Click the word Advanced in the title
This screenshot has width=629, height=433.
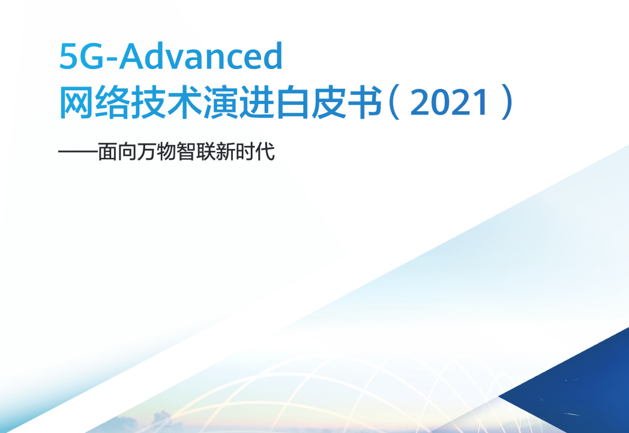201,56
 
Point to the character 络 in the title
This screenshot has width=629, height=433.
113,103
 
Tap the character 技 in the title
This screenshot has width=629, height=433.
148,103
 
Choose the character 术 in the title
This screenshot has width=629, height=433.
184,103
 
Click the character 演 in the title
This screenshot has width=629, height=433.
220,103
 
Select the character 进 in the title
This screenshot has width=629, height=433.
256,103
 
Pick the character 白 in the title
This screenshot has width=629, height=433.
292,103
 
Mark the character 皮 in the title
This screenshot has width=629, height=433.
328,103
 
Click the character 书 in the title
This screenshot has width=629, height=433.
363,103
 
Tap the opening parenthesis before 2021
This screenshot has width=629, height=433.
394,103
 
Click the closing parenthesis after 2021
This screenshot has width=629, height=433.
506,103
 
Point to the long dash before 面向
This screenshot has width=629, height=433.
77,152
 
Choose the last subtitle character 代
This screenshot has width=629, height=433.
267,152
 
